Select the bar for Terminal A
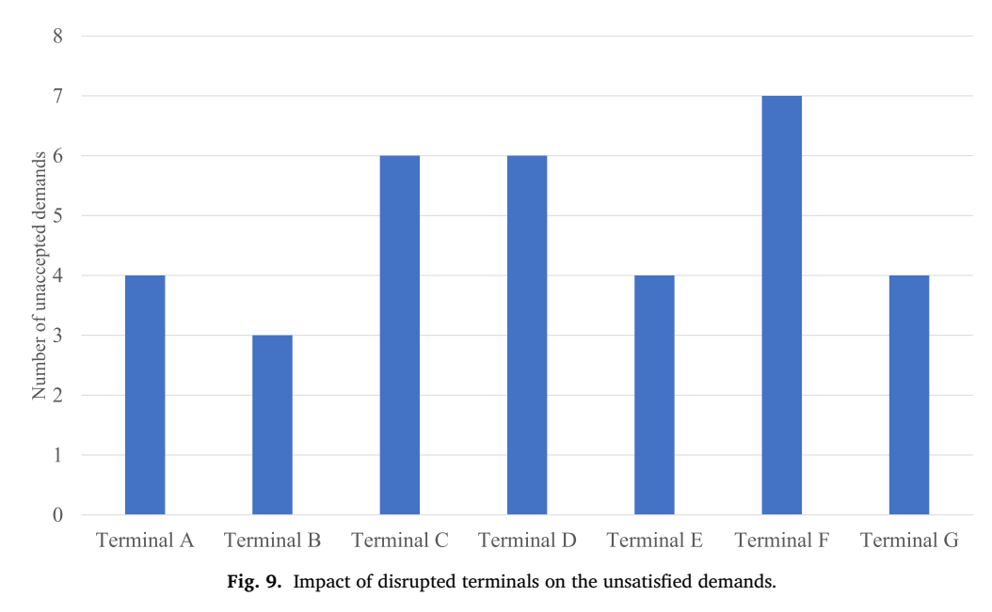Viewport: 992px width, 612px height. click(x=145, y=395)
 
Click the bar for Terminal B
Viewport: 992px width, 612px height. click(x=272, y=424)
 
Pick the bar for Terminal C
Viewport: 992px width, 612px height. click(x=400, y=335)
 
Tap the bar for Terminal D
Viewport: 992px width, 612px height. click(x=527, y=335)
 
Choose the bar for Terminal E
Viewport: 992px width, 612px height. click(x=654, y=395)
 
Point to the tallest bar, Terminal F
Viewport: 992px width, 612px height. click(x=782, y=305)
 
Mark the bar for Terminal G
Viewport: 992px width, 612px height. click(x=909, y=395)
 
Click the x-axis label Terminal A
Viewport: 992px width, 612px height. click(x=145, y=541)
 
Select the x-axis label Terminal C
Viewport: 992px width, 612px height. click(x=400, y=541)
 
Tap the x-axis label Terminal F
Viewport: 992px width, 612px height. click(x=782, y=541)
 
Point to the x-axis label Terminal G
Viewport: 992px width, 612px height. click(x=909, y=541)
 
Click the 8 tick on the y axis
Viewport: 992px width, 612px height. click(x=57, y=36)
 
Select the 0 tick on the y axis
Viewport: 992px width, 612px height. click(x=57, y=514)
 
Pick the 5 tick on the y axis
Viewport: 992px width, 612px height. click(x=57, y=215)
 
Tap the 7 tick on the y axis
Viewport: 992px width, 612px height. click(x=57, y=96)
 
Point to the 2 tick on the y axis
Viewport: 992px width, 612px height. click(x=57, y=395)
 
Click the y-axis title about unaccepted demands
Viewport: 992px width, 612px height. click(x=40, y=275)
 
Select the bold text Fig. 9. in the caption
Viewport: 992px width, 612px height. click(x=254, y=582)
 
